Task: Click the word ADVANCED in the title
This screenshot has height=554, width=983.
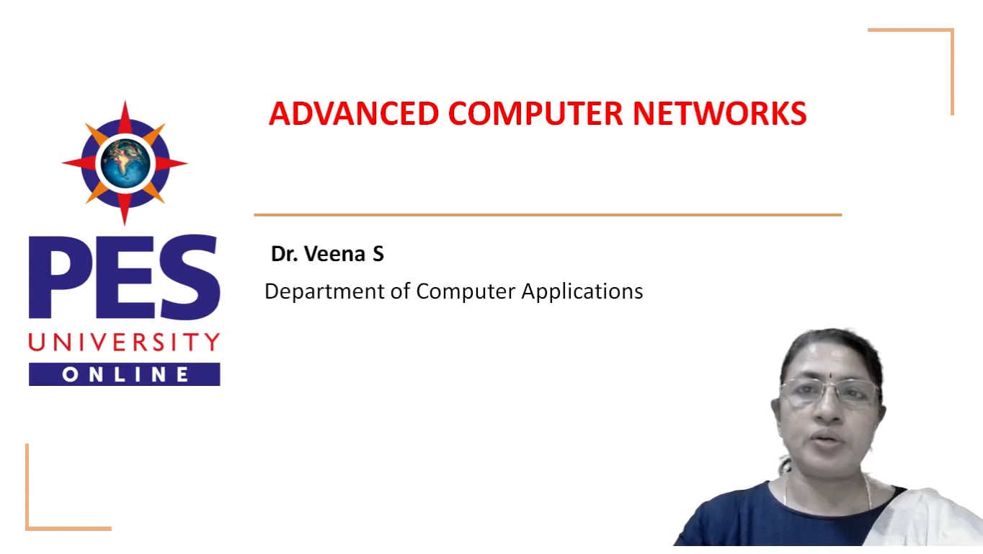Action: tap(354, 113)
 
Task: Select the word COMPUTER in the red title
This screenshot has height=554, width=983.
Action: tap(535, 113)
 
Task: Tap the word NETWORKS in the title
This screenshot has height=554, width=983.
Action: tap(720, 113)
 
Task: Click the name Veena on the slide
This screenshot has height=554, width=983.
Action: tap(334, 254)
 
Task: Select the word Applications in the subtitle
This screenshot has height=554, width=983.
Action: tap(582, 291)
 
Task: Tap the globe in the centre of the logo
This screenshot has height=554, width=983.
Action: tap(125, 164)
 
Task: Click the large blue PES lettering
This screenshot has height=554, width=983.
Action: tap(124, 276)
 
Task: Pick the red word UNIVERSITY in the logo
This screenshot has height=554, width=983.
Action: tap(124, 342)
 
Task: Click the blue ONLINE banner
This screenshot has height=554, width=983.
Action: tap(124, 374)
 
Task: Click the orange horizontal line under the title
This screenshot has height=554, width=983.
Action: tap(548, 215)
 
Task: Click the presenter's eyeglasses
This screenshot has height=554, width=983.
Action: tap(830, 392)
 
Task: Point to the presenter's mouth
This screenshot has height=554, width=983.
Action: tap(826, 439)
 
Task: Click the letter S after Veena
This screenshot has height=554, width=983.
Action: tap(378, 254)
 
